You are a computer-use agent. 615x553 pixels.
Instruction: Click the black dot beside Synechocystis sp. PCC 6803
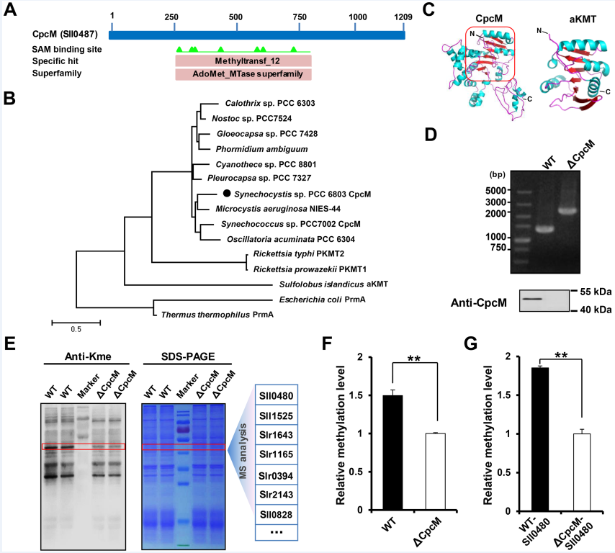pos(227,194)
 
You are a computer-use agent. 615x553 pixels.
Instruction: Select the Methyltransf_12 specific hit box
pos(243,61)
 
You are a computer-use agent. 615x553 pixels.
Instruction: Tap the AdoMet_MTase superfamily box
pos(243,74)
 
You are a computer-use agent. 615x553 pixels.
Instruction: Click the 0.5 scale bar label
pos(76,329)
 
